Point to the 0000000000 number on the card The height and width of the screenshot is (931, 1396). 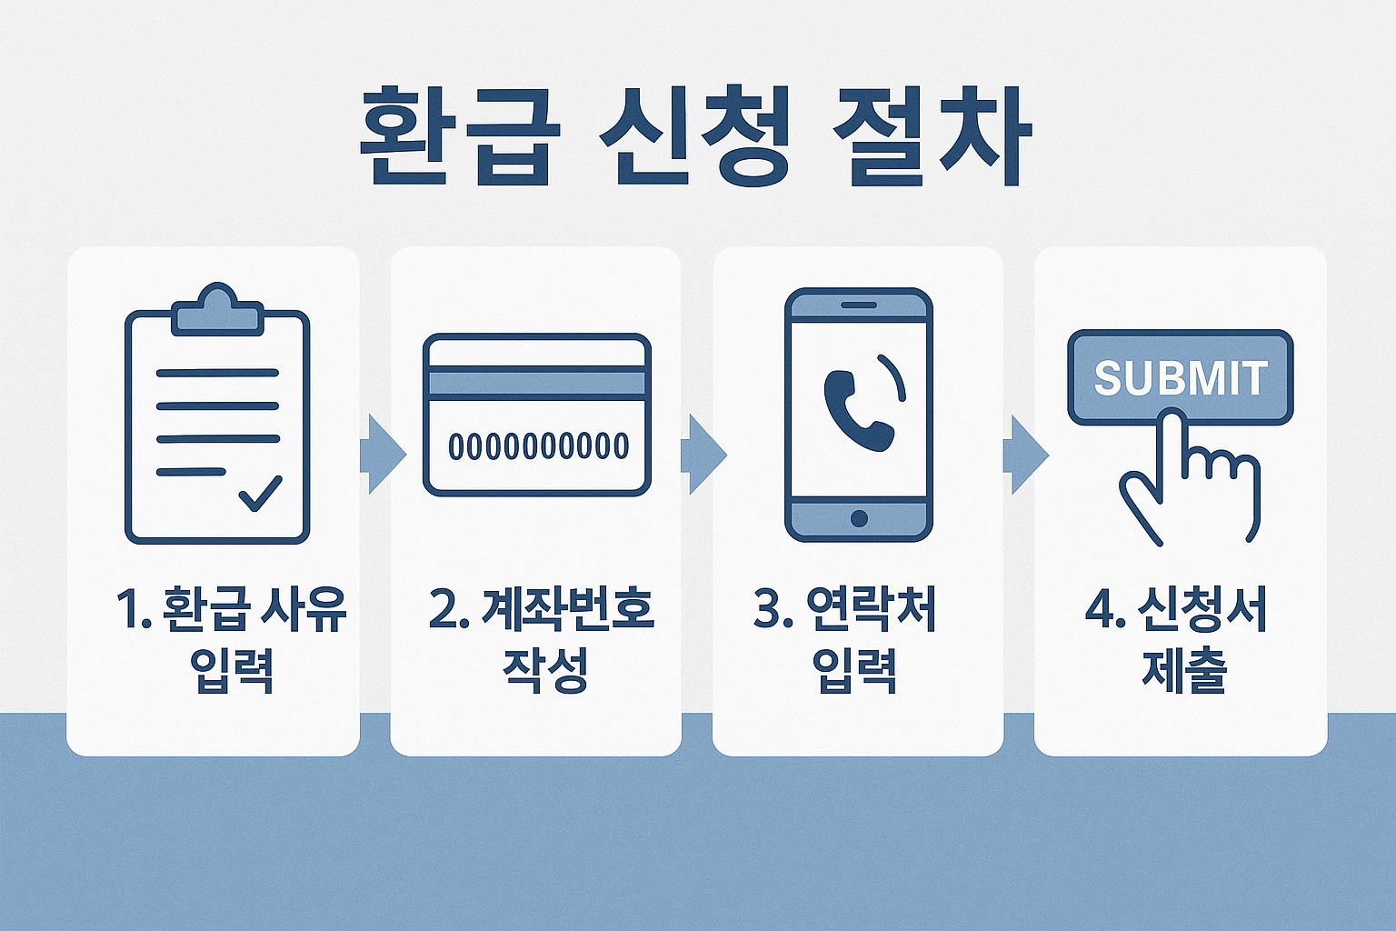tap(538, 446)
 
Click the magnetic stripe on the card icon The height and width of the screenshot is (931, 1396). tap(537, 383)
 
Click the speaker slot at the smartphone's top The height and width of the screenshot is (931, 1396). tap(859, 305)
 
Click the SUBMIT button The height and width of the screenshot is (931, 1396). tap(1180, 377)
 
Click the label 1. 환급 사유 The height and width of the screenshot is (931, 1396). tap(232, 609)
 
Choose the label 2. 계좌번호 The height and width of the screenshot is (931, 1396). tap(543, 609)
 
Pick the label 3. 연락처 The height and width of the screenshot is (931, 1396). tap(845, 609)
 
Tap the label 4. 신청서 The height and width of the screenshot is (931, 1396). tap(1177, 609)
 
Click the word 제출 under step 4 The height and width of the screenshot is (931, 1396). tap(1184, 671)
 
